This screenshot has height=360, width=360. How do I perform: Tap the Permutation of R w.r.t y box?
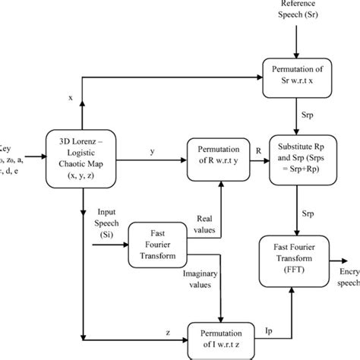(220, 160)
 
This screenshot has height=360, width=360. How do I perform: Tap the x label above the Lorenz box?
(71, 97)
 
